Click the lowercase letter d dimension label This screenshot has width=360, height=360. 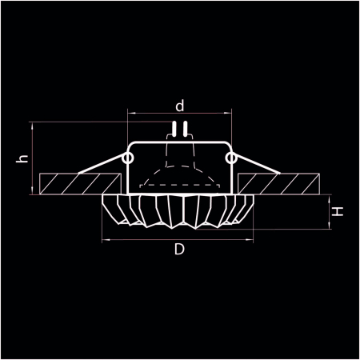pos(180,105)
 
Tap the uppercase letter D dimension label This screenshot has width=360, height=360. pos(180,250)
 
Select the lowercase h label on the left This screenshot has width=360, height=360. pos(23,158)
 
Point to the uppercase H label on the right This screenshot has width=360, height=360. pos(338,212)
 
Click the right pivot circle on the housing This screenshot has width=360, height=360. pos(231,159)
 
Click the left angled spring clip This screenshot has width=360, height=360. pos(100,169)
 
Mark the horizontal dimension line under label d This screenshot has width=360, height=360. pos(180,114)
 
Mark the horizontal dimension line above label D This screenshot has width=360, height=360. pos(180,238)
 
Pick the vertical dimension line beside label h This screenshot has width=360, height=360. pos(32,158)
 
